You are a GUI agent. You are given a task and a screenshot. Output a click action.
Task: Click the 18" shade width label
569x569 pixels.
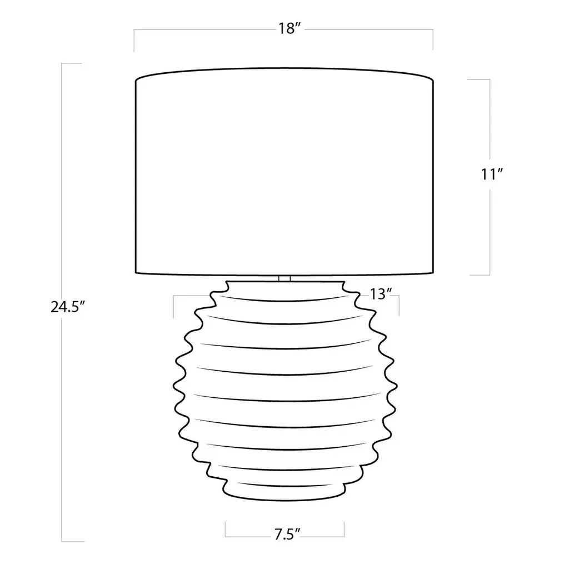coord(289,28)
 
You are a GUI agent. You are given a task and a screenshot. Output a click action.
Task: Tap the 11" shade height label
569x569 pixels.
coord(492,174)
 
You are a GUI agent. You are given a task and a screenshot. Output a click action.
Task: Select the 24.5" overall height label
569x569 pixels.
coord(67,307)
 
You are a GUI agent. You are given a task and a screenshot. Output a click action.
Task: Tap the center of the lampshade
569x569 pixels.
coord(284,171)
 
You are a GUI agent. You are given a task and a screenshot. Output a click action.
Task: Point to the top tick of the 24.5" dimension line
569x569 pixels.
coord(72,63)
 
